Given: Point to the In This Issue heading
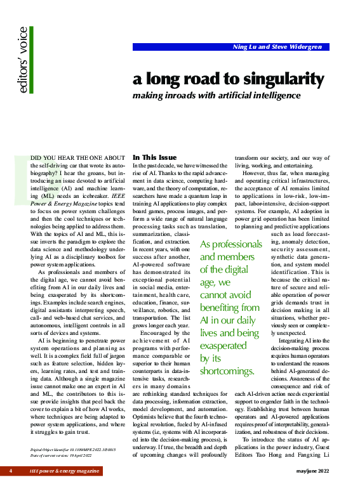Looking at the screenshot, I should pos(155,157).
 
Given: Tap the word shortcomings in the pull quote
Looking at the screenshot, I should pos(227,371).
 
